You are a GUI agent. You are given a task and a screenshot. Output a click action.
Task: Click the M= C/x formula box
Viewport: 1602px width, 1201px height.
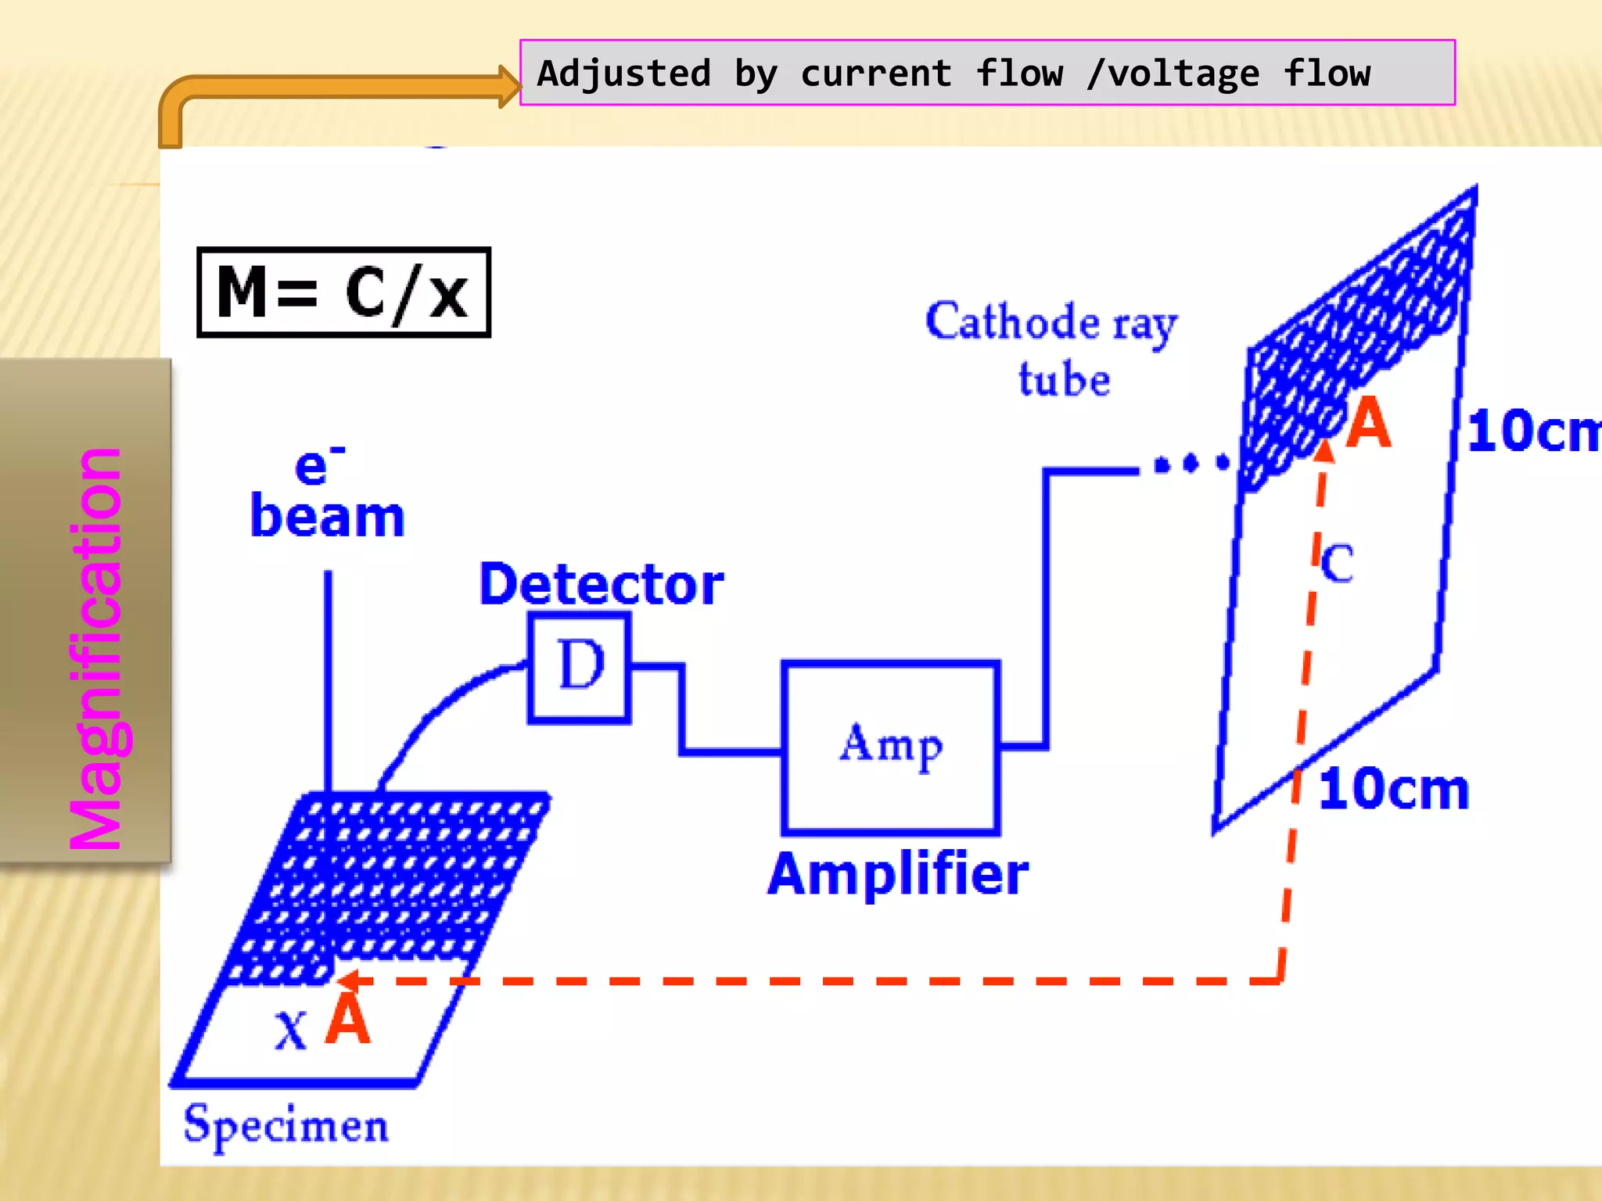[343, 292]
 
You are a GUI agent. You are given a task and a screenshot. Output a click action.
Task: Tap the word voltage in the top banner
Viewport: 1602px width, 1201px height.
[1184, 74]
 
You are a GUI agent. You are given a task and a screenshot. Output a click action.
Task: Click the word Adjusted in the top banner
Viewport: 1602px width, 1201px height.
[623, 73]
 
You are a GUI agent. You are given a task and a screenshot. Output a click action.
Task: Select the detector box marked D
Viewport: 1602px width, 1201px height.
[580, 667]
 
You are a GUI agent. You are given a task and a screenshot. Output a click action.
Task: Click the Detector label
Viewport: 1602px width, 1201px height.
[601, 584]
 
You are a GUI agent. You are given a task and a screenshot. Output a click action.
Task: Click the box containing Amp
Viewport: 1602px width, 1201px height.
[891, 747]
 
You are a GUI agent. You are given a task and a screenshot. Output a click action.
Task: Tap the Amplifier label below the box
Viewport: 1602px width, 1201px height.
[897, 873]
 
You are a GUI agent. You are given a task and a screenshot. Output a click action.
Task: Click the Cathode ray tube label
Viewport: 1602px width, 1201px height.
[1052, 348]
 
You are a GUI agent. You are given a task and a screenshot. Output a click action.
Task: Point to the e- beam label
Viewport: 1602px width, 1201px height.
[327, 494]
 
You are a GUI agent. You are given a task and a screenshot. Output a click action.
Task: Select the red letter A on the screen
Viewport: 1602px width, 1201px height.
[1369, 423]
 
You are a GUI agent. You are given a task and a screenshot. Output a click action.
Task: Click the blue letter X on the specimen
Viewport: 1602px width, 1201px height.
[290, 1029]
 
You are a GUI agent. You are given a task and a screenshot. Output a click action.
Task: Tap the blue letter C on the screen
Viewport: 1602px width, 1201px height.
[1337, 563]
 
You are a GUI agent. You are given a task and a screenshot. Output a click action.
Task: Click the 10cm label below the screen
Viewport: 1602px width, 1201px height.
[1393, 789]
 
